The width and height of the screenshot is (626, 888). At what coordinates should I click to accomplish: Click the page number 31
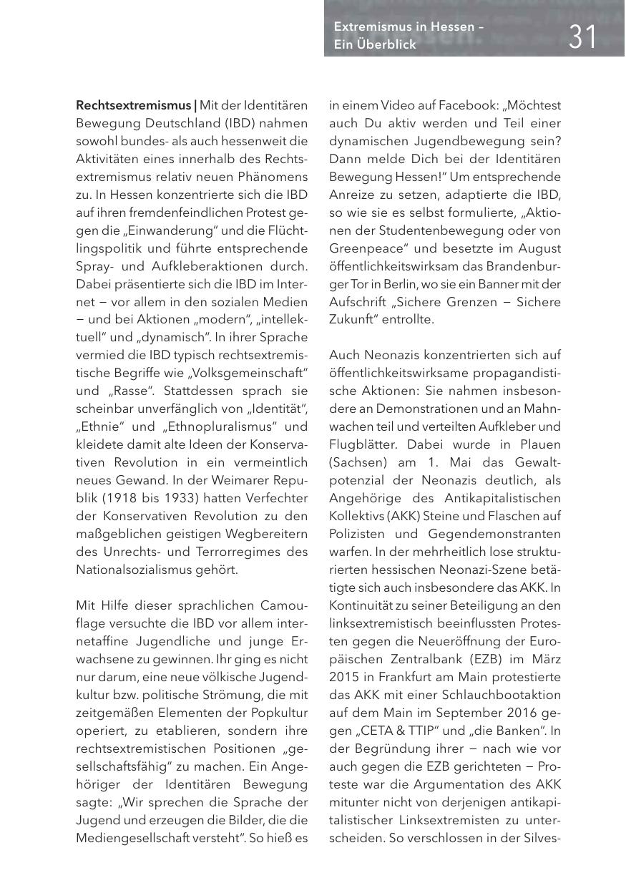[x=583, y=36]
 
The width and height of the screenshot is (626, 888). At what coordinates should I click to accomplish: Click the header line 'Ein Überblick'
[x=375, y=44]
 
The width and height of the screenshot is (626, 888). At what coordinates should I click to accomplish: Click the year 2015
[x=344, y=677]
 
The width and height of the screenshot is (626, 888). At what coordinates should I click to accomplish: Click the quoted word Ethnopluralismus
[x=222, y=426]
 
